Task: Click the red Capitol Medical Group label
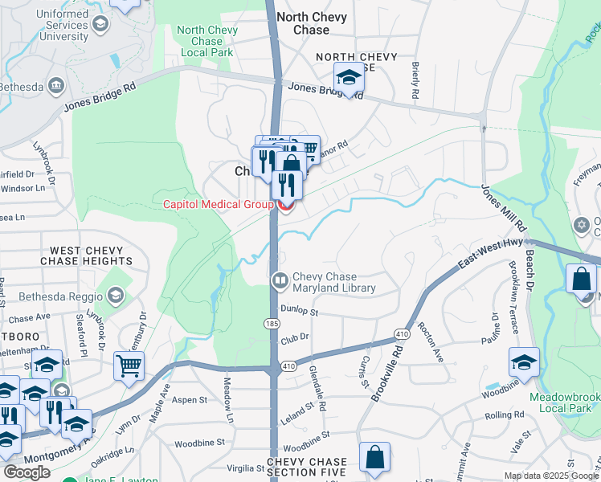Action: [219, 204]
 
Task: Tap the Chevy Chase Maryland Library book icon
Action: [280, 281]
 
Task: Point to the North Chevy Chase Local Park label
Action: [207, 41]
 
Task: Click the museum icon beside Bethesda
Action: [56, 85]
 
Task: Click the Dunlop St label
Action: [300, 309]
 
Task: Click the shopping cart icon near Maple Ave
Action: [129, 366]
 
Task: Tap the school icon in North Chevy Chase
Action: [349, 78]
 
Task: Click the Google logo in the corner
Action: [27, 472]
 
